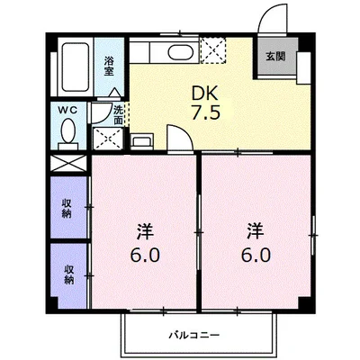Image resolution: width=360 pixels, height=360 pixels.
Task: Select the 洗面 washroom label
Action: [x=119, y=114]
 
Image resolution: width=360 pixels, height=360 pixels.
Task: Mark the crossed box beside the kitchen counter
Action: [x=214, y=47]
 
